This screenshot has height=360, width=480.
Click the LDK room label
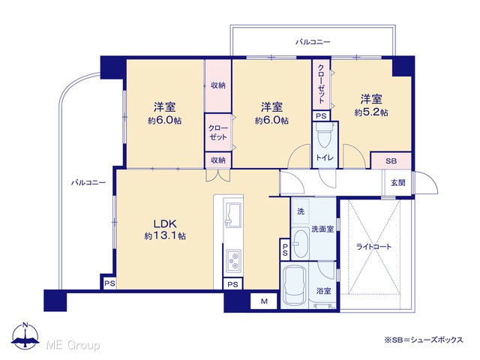tap(165, 223)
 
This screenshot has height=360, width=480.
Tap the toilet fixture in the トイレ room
tap(325, 135)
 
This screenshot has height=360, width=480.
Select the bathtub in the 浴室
tap(294, 286)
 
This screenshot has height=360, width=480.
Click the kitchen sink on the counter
tap(233, 214)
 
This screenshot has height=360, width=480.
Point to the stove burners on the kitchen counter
tap(233, 261)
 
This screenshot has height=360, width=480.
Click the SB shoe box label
tap(391, 160)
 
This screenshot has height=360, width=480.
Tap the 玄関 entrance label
tap(398, 183)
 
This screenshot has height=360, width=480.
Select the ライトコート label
tap(373, 247)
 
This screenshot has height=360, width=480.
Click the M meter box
tap(264, 301)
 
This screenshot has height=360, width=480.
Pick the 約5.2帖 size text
tap(371, 112)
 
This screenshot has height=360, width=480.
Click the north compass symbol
tap(25, 336)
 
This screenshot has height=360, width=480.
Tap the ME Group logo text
tap(73, 345)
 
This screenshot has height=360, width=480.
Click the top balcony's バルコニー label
tap(313, 42)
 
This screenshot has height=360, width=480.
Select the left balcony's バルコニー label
tap(88, 182)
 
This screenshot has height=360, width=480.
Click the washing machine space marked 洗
tap(301, 211)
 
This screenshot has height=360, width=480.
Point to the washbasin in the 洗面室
tap(300, 243)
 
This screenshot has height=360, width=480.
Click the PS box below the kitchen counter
tap(233, 284)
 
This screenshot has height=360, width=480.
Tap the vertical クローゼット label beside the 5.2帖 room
tap(321, 83)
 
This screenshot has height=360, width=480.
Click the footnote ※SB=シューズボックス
tap(424, 340)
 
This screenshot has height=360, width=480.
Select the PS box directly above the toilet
tap(321, 116)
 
